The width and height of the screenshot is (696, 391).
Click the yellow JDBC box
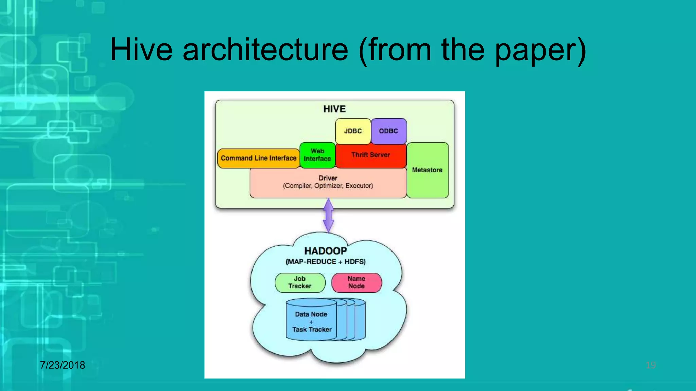coord(353,131)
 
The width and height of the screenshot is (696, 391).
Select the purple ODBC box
coord(388,131)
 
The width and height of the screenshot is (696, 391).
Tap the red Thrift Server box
coord(370,155)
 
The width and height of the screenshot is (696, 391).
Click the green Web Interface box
coord(317,155)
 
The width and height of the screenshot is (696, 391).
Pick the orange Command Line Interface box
coord(258,158)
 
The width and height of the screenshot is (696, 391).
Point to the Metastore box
coord(427,170)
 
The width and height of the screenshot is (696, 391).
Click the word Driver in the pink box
coord(328,178)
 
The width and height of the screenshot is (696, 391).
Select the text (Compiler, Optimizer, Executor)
coord(328,186)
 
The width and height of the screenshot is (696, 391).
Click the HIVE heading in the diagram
coord(334,109)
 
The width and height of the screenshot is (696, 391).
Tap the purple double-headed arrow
coord(328,216)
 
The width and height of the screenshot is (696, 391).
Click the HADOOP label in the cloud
coord(325,251)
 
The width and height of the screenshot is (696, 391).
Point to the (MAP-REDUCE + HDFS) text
coord(326,262)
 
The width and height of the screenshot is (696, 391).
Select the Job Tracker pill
coord(300,282)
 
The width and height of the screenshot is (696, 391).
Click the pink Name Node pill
coord(356,282)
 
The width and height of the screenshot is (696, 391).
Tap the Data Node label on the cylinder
coord(311,314)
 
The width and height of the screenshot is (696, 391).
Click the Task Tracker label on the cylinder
coord(312,329)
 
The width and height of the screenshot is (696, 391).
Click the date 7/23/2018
coord(63,365)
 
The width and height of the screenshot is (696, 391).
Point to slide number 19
coord(650,366)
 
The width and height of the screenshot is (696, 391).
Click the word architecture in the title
coord(265,50)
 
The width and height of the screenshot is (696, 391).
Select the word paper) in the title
coord(540,50)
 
